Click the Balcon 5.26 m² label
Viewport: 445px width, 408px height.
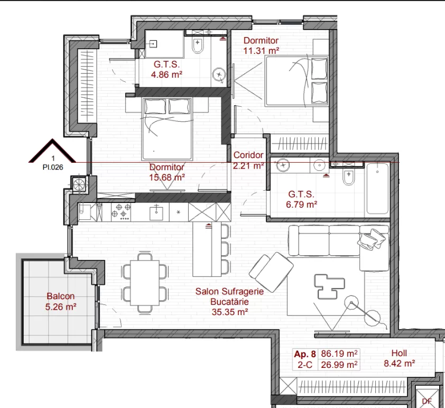60,301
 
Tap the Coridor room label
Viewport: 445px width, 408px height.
248,155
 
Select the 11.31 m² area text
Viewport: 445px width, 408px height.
261,51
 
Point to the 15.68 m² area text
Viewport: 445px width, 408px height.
167,178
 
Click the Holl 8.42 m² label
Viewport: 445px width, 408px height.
400,358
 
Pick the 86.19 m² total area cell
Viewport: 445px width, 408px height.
339,354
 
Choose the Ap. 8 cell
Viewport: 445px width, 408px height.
305,354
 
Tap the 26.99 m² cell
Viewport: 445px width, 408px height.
339,365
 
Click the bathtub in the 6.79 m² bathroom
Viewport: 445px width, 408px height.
377,189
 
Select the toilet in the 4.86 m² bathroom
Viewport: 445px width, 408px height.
197,45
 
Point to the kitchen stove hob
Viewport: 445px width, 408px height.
122,211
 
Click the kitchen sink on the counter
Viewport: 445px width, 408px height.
156,211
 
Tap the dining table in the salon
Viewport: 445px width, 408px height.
144,283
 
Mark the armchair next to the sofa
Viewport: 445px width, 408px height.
271,272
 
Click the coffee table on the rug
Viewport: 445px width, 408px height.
329,286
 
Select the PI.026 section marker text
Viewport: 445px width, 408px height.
53,167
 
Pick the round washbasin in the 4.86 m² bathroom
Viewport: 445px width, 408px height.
219,75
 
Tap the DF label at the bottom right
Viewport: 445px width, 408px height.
427,401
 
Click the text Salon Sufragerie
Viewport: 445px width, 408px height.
229,291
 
